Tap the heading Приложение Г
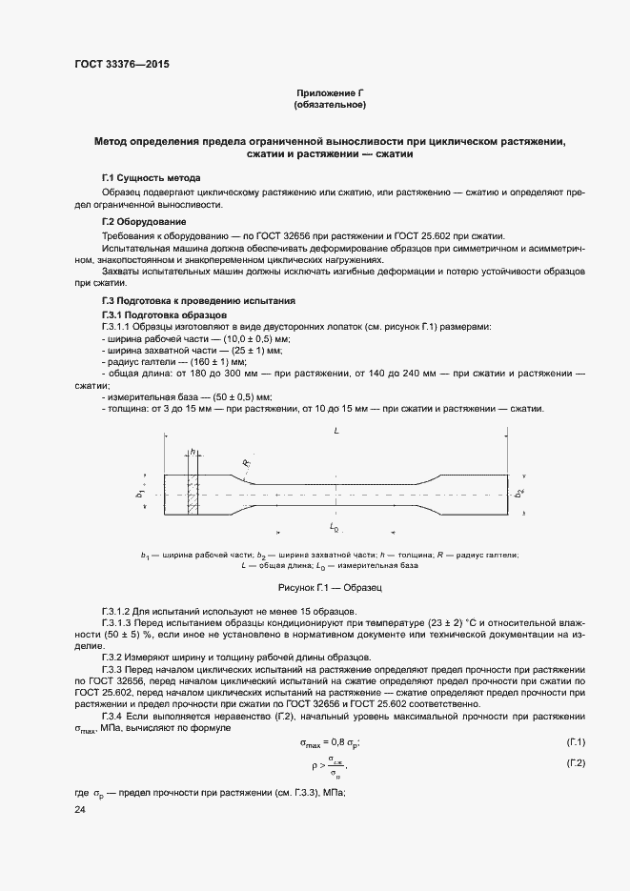(x=331, y=92)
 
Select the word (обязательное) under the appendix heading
(x=331, y=104)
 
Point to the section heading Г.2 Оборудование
(x=144, y=222)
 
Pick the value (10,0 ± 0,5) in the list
(x=251, y=339)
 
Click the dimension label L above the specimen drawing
(x=335, y=432)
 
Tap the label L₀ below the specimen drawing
(x=335, y=526)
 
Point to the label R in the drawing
(x=245, y=464)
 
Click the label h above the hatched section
(x=193, y=452)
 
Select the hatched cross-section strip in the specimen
(x=193, y=496)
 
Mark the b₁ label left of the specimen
(x=140, y=494)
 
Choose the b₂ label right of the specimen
(x=518, y=494)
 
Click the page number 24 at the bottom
(x=80, y=809)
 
